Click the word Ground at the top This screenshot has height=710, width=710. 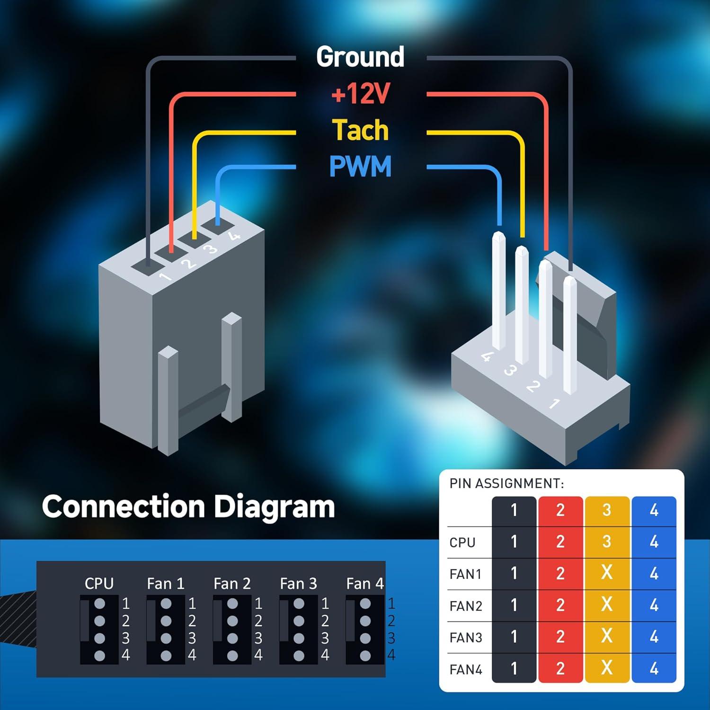360,57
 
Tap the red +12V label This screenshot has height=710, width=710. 360,94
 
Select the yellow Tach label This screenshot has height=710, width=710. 360,130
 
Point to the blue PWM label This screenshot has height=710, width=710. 360,167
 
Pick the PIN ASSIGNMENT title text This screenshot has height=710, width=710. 506,483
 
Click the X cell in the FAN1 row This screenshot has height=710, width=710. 607,573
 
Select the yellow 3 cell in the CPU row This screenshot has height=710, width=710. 607,541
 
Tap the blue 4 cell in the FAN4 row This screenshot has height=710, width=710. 654,668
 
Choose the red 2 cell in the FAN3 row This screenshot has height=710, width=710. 560,637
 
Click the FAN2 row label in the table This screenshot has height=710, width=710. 466,606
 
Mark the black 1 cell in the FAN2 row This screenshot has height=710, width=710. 514,605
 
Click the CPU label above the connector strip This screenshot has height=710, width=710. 99,584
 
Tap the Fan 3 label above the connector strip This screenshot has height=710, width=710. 298,584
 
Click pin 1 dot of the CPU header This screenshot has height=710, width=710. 99,603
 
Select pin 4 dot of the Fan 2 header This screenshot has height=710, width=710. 232,656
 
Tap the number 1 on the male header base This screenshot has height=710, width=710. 554,403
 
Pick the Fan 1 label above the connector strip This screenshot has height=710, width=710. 166,584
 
